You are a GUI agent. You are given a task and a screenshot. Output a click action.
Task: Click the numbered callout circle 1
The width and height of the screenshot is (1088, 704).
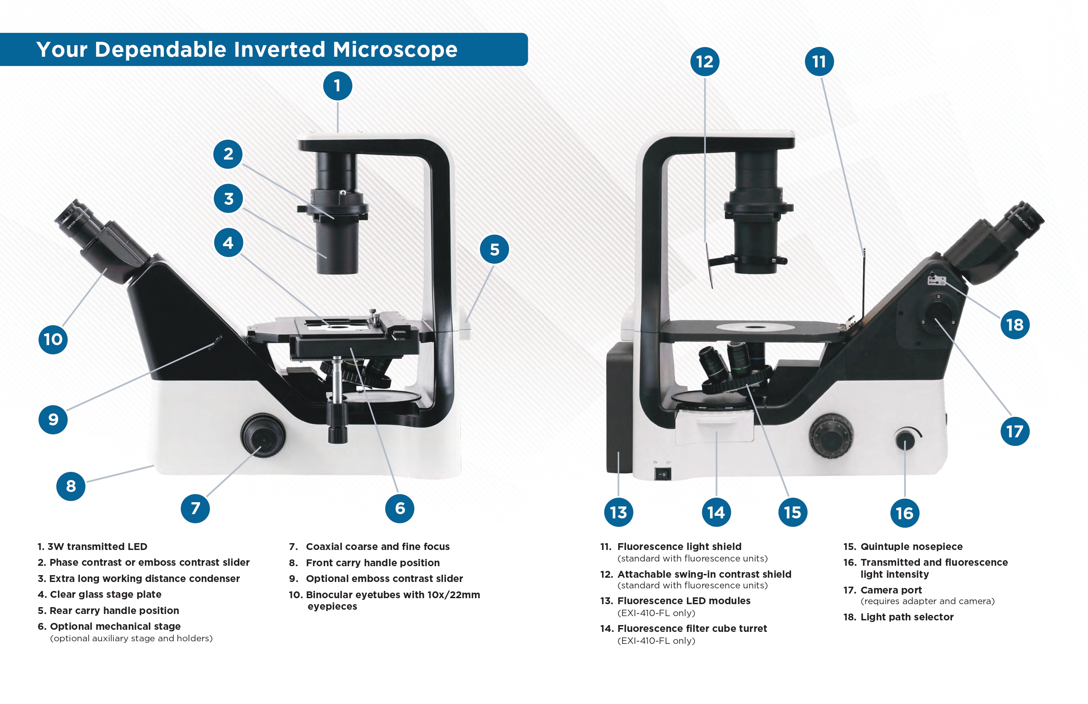337,85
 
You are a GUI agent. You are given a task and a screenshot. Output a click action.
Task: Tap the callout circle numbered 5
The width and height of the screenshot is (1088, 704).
494,249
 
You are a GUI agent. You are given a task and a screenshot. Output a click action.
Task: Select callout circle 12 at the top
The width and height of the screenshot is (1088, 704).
704,62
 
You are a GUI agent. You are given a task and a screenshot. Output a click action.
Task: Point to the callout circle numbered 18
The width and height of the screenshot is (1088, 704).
1015,325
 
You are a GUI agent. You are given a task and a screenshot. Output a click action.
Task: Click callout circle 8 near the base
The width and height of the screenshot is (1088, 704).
71,486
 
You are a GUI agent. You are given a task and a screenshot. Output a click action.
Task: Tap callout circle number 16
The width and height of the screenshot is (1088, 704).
905,513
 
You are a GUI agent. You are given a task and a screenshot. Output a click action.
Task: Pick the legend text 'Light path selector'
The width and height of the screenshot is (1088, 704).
907,617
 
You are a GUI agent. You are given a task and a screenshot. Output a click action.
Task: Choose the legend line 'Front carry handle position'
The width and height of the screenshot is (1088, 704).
372,563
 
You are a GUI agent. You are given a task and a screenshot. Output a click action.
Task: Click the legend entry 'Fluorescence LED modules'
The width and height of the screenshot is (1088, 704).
684,601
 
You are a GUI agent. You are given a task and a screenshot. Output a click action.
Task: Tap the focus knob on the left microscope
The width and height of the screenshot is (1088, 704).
263,436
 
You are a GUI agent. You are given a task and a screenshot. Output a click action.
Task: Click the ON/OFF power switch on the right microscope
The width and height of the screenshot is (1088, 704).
662,474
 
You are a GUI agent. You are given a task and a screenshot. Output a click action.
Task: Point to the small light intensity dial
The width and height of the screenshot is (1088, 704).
905,440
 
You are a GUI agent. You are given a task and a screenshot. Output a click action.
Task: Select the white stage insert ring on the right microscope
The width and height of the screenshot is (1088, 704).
755,327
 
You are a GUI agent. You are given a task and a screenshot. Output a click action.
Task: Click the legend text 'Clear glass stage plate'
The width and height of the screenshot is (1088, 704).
106,594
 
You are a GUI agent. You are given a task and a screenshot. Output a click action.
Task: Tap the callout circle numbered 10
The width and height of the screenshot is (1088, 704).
53,339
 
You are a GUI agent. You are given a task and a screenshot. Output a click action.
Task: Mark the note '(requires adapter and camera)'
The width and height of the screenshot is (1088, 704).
928,601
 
